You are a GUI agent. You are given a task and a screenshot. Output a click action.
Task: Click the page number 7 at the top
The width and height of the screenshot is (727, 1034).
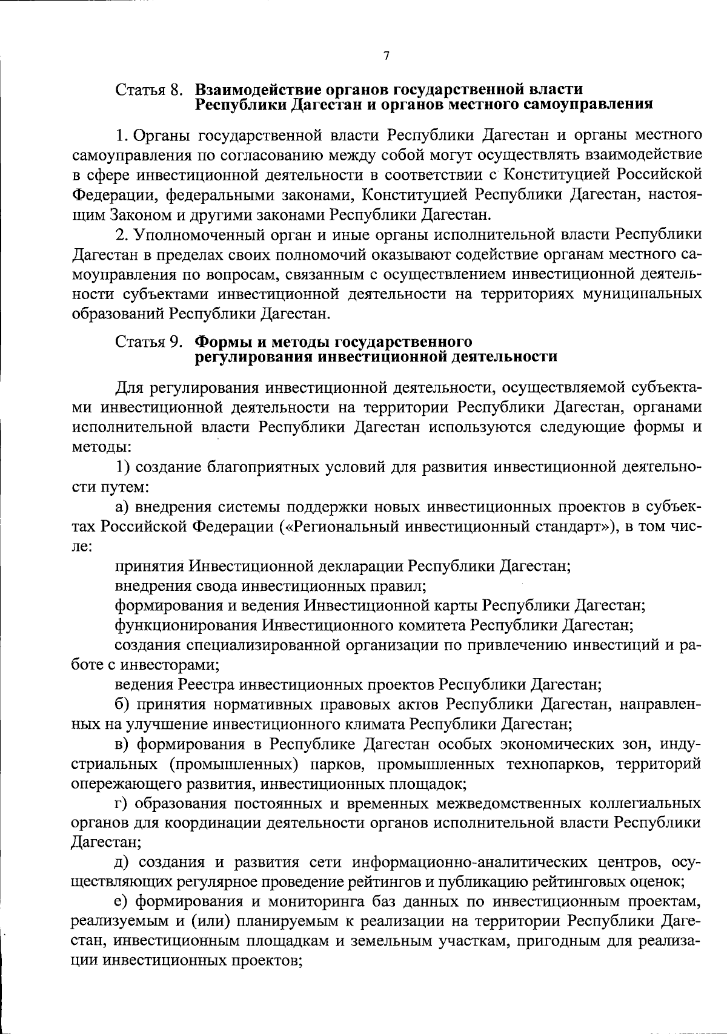pyautogui.click(x=386, y=56)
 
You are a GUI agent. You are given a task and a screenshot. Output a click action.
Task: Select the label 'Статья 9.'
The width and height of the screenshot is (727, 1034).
pyautogui.click(x=149, y=343)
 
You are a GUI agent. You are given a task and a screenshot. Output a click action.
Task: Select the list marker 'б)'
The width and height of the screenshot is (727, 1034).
pyautogui.click(x=123, y=705)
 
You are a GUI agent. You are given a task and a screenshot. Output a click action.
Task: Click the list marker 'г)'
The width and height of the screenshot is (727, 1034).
pyautogui.click(x=122, y=804)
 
